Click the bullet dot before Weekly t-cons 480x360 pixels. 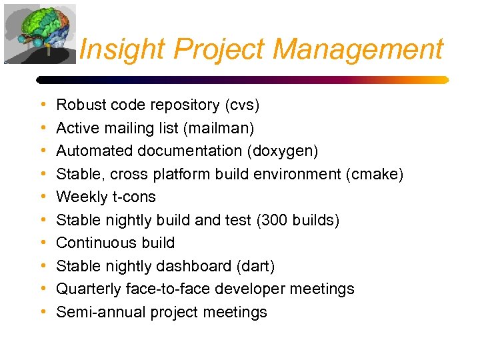pyautogui.click(x=43, y=197)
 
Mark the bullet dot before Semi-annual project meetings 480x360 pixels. pyautogui.click(x=43, y=312)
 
